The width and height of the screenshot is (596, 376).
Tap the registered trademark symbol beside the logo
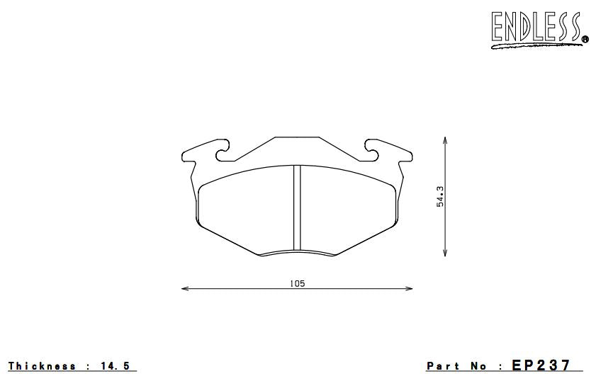click(x=585, y=39)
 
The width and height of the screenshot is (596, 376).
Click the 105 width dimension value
click(x=297, y=283)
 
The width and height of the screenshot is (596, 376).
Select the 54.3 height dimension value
click(x=440, y=196)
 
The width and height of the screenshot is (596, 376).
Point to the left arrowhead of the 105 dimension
click(x=185, y=289)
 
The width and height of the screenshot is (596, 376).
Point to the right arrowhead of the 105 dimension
click(x=409, y=289)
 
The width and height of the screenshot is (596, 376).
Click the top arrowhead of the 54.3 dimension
click(x=445, y=140)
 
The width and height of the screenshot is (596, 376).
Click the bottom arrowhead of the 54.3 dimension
click(x=445, y=253)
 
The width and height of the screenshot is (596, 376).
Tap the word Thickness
click(x=42, y=366)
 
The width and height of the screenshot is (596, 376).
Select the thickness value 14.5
click(x=116, y=366)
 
